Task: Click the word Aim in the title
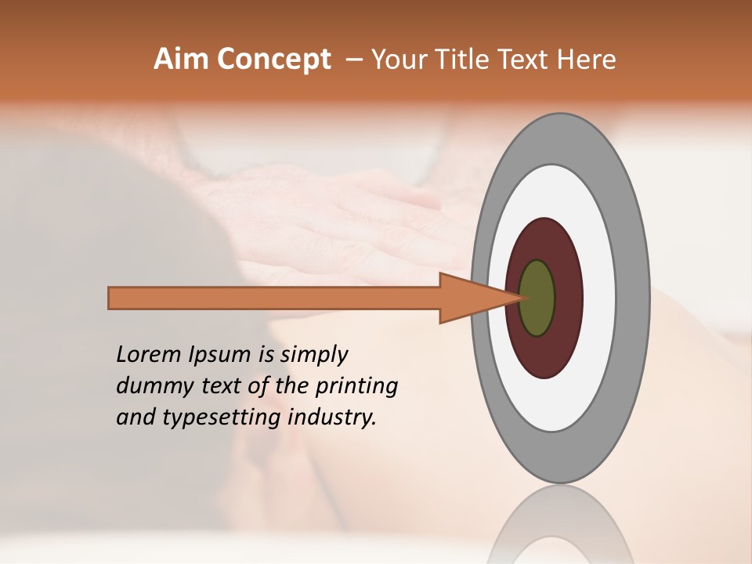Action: coord(180,60)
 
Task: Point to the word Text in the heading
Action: coord(525,60)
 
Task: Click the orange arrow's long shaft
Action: coord(274,298)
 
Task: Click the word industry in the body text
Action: coord(332,418)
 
